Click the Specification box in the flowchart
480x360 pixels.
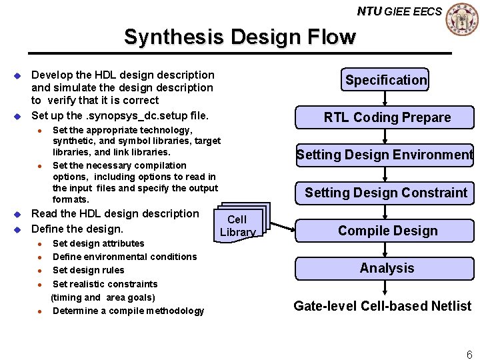(385, 80)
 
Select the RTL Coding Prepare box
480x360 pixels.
(387, 117)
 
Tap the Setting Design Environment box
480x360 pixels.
(385, 155)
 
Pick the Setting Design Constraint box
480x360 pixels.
(386, 193)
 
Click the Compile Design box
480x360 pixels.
(387, 231)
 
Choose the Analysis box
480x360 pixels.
(387, 268)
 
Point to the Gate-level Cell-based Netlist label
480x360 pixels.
(382, 306)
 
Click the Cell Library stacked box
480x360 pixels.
(238, 225)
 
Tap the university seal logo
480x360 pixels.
(461, 19)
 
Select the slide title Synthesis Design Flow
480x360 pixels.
(240, 37)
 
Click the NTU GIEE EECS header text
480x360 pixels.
(399, 11)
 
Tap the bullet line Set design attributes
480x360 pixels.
(98, 243)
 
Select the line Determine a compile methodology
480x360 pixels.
(128, 311)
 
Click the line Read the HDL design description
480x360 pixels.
(115, 213)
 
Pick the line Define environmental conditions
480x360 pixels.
(125, 257)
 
